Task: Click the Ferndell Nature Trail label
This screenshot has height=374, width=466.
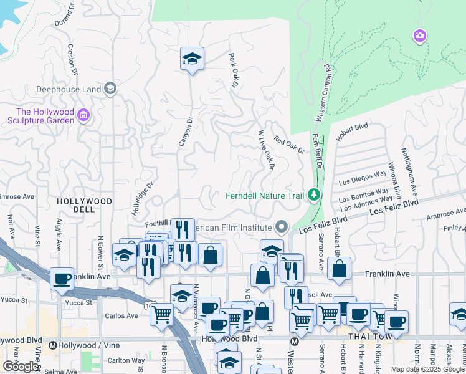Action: (x=265, y=196)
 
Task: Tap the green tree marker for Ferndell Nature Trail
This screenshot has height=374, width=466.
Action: (x=313, y=196)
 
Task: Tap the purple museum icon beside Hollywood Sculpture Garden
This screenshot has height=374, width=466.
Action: (x=84, y=115)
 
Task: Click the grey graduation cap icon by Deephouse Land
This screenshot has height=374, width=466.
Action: (x=110, y=88)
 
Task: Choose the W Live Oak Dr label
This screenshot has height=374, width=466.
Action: (x=266, y=149)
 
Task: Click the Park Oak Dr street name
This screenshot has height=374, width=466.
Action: (x=234, y=70)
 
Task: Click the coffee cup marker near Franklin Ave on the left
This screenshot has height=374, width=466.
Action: (x=62, y=279)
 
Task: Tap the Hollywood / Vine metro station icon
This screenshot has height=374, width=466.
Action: (x=53, y=345)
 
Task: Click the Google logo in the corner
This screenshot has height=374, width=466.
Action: (x=21, y=367)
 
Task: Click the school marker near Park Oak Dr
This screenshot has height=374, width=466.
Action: (x=192, y=59)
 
